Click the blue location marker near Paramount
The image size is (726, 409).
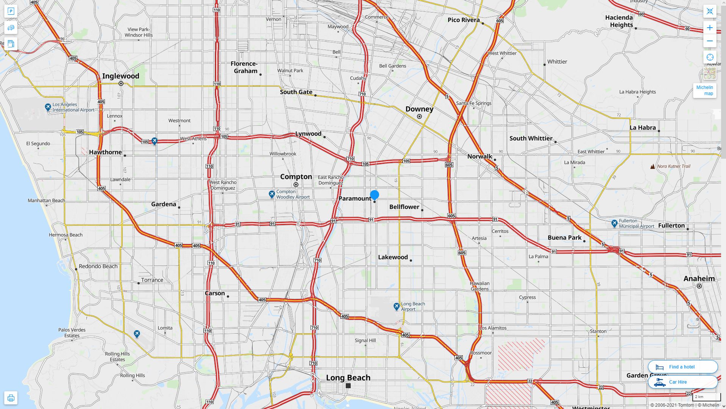pos(374,195)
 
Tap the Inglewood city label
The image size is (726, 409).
pos(120,76)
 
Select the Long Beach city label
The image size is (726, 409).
pos(348,378)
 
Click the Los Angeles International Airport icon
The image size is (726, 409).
pos(48,107)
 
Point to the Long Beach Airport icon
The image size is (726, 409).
pos(396,306)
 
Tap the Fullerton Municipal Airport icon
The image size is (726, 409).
pos(614,223)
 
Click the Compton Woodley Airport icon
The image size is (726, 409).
pos(272,194)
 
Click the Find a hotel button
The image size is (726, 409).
pos(682,367)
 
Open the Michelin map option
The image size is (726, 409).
pos(704,91)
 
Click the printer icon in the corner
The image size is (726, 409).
pos(11,398)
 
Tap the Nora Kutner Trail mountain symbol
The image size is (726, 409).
pos(653,166)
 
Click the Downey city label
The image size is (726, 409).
pos(419,109)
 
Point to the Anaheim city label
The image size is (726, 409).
pos(699,279)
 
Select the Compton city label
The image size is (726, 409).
pos(296,177)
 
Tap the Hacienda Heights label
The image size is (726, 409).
pos(619,21)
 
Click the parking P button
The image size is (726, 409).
pos(11,11)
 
